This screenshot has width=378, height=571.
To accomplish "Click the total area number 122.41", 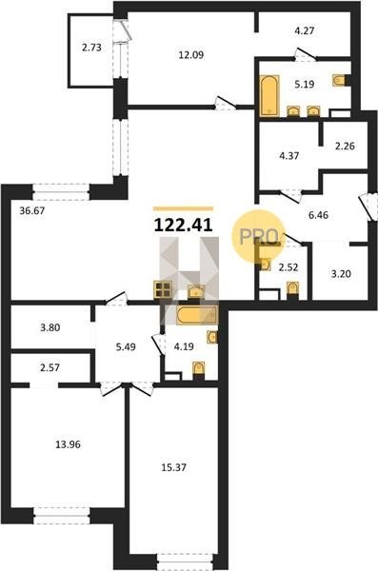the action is click(x=184, y=225).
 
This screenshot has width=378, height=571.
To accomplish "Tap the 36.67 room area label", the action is click(x=32, y=210).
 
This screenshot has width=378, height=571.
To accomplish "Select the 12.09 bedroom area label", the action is click(x=191, y=55).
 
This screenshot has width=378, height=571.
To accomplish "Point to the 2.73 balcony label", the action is click(x=91, y=48).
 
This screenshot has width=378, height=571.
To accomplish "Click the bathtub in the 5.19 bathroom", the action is click(x=269, y=96).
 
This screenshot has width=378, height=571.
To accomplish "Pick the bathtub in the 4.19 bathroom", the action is click(x=196, y=315).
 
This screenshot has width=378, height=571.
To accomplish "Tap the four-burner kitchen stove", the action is click(x=163, y=289).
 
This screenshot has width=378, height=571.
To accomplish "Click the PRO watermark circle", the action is click(x=258, y=236).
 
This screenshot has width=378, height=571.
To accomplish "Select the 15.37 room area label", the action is click(x=174, y=467).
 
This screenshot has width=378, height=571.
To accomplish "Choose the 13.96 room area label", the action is click(x=69, y=444).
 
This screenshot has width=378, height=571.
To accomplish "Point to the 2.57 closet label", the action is click(x=50, y=367).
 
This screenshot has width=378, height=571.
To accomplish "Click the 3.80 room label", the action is click(x=50, y=327).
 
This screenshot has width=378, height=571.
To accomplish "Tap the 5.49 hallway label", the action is click(x=126, y=346).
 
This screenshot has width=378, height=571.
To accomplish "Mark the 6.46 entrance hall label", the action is click(x=318, y=215).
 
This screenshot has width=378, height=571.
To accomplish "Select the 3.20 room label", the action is click(x=341, y=274).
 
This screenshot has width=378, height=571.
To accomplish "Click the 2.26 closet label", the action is click(x=345, y=146).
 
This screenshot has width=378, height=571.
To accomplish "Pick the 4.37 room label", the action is click(x=289, y=156).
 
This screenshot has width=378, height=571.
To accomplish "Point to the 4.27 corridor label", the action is click(x=305, y=30).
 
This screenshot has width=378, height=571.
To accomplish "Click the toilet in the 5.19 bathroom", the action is click(x=341, y=80).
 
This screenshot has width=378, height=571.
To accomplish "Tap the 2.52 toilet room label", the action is click(x=288, y=267).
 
